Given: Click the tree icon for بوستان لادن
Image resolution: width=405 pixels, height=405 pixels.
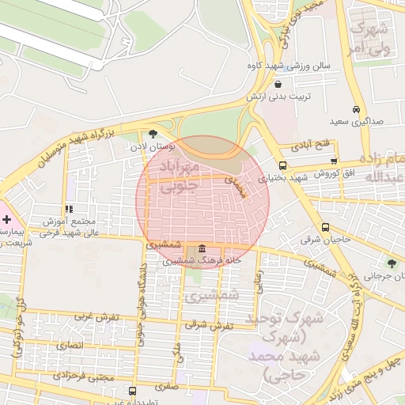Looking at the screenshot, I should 153,134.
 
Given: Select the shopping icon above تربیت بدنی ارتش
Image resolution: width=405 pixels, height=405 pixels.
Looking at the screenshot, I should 278,83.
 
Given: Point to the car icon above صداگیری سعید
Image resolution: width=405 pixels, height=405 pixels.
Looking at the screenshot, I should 357,109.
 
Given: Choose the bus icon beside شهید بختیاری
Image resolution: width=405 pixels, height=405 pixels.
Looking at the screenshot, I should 282,166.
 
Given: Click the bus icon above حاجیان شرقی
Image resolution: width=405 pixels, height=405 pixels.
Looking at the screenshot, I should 315,224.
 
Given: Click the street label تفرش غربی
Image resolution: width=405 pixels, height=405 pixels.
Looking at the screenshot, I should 97,316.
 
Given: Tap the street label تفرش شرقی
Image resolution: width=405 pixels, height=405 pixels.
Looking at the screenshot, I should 211,324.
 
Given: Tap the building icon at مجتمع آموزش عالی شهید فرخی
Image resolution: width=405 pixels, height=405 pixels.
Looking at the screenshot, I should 70,209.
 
